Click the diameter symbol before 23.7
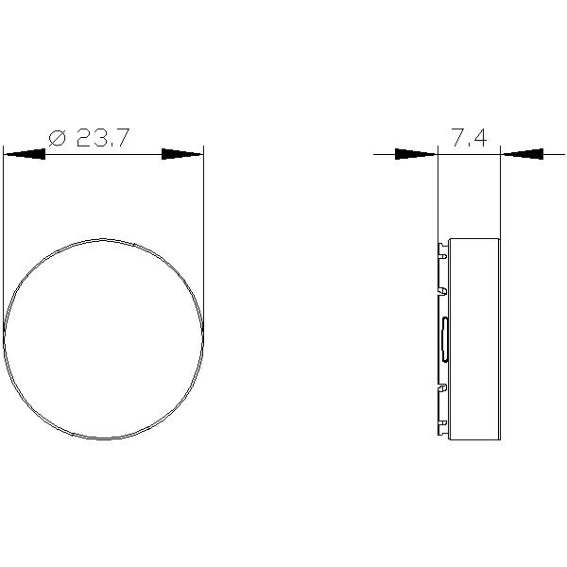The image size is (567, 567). point(57,138)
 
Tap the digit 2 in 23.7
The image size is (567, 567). point(85,138)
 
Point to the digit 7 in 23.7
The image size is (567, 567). point(122,138)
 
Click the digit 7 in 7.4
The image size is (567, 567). point(460,138)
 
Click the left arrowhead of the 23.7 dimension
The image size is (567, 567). point(25,154)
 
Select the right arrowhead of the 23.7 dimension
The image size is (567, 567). point(182,154)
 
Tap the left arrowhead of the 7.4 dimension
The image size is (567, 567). point(416,154)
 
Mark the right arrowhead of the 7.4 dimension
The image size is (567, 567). point(523,154)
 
